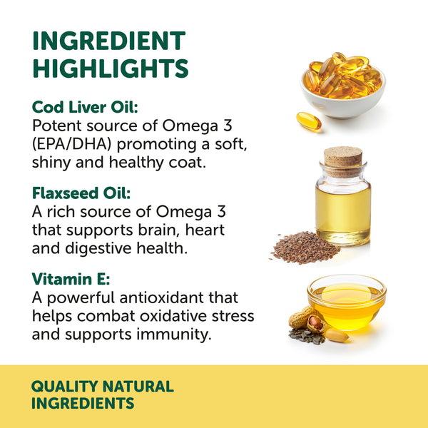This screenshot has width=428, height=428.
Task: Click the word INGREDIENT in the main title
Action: (108, 41)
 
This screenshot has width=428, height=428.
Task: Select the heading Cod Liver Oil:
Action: (85, 107)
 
